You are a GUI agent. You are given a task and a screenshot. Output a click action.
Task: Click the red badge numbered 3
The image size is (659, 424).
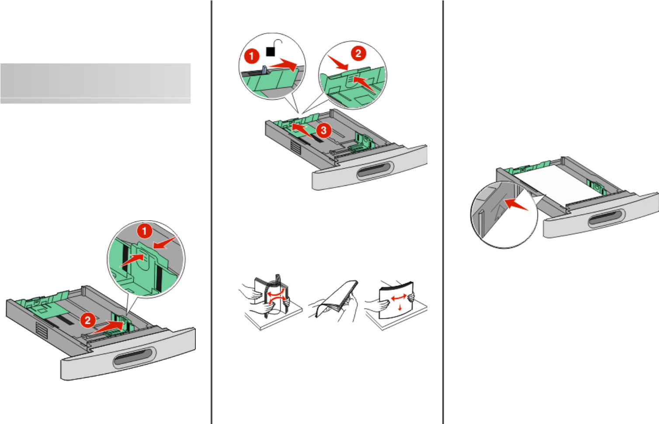pos(323,130)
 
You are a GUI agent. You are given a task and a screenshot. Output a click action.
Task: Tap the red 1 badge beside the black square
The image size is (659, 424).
pos(251,56)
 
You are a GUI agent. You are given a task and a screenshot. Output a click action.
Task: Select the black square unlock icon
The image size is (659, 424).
pos(271,52)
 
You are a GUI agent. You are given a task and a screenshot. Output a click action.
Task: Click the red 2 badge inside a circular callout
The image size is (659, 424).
pos(358,54)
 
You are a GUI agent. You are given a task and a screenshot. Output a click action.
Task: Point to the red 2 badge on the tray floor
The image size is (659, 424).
pos(88,320)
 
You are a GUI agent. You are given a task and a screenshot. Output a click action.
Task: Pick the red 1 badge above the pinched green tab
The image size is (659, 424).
pos(145,231)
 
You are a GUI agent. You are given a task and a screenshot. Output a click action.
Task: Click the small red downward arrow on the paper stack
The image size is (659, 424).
pos(400,307)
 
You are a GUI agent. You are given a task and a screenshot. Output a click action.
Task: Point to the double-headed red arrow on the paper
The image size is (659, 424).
pos(398,298)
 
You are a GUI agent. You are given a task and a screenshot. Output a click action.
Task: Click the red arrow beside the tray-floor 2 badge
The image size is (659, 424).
pos(108,326)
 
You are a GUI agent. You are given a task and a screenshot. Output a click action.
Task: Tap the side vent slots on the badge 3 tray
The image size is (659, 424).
pos(296,148)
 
